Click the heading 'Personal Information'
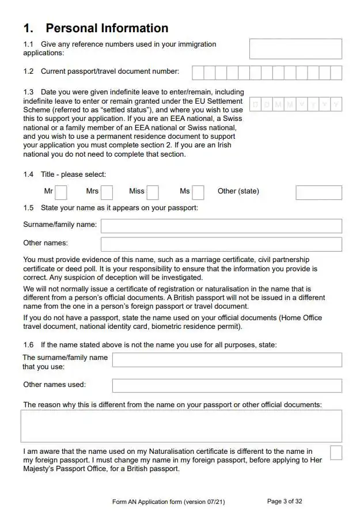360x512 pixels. pyautogui.click(x=107, y=28)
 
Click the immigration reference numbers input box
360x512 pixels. pyautogui.click(x=295, y=49)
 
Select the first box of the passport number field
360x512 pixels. pyautogui.click(x=198, y=73)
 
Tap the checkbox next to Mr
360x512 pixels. pyautogui.click(x=61, y=192)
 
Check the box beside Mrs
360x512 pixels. pyautogui.click(x=107, y=192)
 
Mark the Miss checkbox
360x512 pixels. pyautogui.click(x=152, y=192)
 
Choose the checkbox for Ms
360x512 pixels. pyautogui.click(x=198, y=192)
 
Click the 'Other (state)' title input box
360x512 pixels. pyautogui.click(x=319, y=192)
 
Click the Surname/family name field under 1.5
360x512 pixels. pyautogui.click(x=221, y=226)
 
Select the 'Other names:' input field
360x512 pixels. pyautogui.click(x=221, y=244)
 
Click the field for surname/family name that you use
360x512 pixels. pyautogui.click(x=227, y=360)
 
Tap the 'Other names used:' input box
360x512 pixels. pyautogui.click(x=227, y=385)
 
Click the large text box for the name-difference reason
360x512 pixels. pyautogui.click(x=181, y=426)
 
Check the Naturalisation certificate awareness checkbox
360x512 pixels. pyautogui.click(x=336, y=453)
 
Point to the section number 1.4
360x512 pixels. pyautogui.click(x=28, y=175)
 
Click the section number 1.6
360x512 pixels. pyautogui.click(x=28, y=345)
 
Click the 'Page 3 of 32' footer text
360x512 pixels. pyautogui.click(x=285, y=501)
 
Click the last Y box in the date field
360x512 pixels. pyautogui.click(x=336, y=104)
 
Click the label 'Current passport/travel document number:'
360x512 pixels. pyautogui.click(x=109, y=71)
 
